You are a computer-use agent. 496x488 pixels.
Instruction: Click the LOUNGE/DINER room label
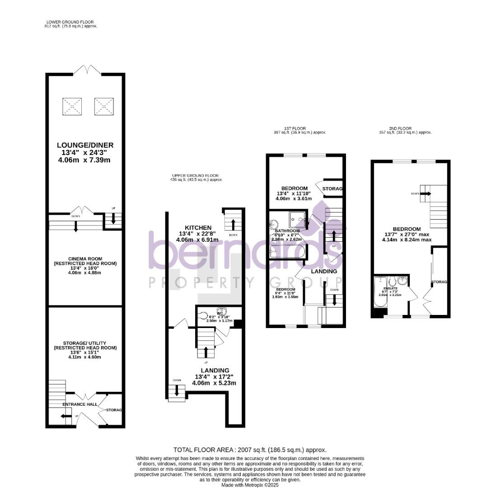pos(85,145)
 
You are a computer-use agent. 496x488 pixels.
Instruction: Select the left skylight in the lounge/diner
pos(72,106)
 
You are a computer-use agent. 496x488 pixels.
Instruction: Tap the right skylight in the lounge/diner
pos(104,106)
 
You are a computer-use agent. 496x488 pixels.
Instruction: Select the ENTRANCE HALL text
pos(80,404)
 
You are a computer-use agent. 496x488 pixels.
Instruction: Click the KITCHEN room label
pos(198,227)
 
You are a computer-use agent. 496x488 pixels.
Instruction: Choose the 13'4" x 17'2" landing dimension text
pos(215,377)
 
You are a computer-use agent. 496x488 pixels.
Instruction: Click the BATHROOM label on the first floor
pos(288,231)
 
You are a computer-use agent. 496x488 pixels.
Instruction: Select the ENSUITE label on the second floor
pos(390,288)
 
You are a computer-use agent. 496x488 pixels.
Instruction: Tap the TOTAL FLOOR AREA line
pos(250,450)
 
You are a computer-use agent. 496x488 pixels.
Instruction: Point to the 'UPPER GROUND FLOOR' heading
pos(195,175)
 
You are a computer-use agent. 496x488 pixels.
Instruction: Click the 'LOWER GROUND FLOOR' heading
pos(70,22)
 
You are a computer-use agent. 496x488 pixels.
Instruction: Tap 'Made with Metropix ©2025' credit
pos(250,485)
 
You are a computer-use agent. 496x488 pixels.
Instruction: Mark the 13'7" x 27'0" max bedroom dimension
pos(407,235)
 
